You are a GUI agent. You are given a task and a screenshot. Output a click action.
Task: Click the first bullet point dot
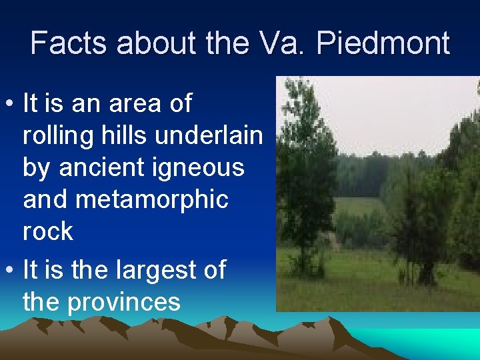11,105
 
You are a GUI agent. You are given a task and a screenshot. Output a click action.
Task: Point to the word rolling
57,135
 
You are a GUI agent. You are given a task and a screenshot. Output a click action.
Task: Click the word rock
48,231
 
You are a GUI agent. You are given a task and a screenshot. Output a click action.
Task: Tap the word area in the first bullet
145,104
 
